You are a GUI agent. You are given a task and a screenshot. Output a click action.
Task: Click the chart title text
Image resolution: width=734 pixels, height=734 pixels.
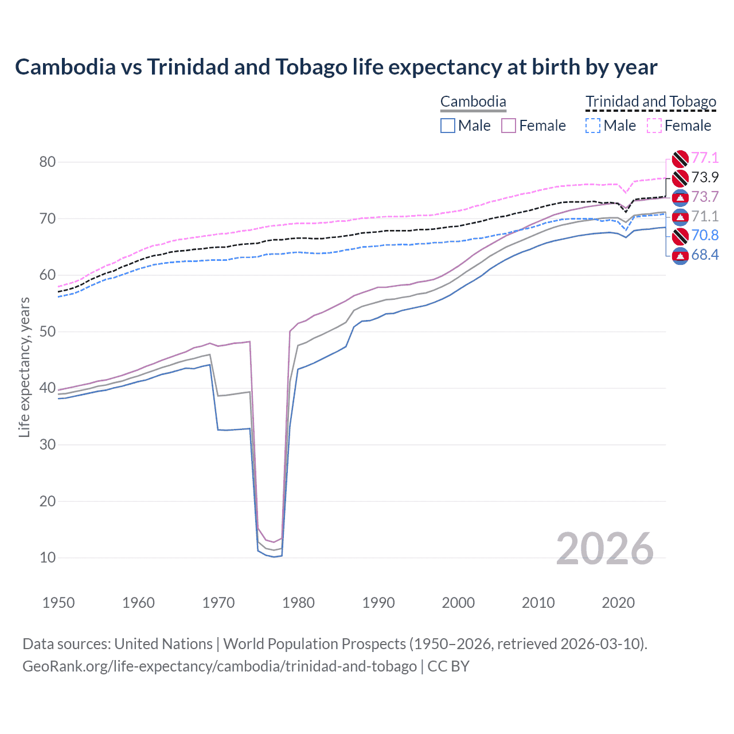tap(336, 67)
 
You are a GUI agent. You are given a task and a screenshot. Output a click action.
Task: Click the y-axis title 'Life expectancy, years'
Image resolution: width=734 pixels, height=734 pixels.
tap(24, 367)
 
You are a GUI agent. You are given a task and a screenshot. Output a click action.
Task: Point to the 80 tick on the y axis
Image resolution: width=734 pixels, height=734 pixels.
tap(48, 162)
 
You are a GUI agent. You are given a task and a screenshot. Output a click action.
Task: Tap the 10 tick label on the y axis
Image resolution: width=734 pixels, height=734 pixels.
tap(48, 557)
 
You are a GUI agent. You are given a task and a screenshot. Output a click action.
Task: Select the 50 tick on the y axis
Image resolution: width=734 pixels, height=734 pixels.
tap(48, 331)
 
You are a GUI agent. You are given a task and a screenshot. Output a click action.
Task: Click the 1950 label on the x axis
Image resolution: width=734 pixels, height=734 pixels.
tap(58, 603)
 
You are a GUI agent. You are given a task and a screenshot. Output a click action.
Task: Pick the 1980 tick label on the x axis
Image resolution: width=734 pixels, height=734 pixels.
tap(298, 603)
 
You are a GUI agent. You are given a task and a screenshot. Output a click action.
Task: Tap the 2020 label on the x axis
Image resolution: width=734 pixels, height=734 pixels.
tap(618, 603)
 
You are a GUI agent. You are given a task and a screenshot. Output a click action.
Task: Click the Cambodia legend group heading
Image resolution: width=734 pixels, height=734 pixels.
tap(473, 102)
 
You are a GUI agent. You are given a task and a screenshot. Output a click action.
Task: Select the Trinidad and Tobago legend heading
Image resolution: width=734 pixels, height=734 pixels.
tap(651, 102)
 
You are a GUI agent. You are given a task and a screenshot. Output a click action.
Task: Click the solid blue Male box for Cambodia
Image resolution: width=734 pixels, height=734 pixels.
tap(448, 126)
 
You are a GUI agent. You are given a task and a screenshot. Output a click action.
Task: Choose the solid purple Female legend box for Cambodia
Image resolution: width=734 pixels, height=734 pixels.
tap(509, 126)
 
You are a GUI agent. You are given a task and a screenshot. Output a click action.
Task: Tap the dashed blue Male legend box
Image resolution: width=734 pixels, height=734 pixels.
tap(593, 126)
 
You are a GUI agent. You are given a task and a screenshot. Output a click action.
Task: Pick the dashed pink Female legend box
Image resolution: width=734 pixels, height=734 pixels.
tap(654, 126)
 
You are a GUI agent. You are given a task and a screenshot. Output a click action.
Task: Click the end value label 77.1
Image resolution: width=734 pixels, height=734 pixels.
tap(705, 158)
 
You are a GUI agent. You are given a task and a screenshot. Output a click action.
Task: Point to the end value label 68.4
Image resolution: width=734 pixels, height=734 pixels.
tap(705, 255)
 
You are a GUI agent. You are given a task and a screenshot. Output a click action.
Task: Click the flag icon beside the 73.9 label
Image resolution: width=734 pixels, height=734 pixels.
tap(680, 178)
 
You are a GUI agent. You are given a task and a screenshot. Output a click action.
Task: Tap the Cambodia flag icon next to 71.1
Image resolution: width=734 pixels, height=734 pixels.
tap(680, 217)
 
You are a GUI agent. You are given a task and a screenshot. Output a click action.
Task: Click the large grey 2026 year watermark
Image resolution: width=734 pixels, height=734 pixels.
tap(605, 549)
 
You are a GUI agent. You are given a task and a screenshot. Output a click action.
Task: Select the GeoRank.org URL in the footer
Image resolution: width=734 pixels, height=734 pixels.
tap(220, 666)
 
